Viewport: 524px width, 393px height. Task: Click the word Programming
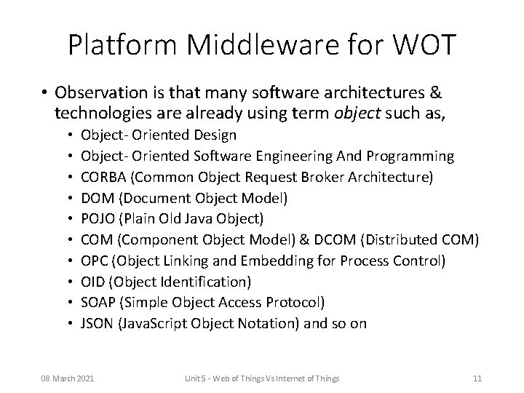pyautogui.click(x=414, y=156)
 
